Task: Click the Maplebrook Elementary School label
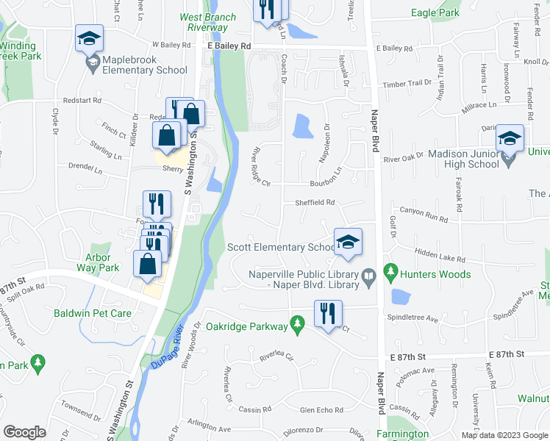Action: (145, 64)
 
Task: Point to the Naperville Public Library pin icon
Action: (370, 277)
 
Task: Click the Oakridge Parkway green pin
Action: (297, 323)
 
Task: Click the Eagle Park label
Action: (435, 12)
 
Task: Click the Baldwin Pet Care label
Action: (93, 313)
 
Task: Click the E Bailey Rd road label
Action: (229, 46)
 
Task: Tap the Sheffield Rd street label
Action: (315, 202)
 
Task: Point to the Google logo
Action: (24, 432)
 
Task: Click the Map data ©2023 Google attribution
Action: (504, 435)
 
